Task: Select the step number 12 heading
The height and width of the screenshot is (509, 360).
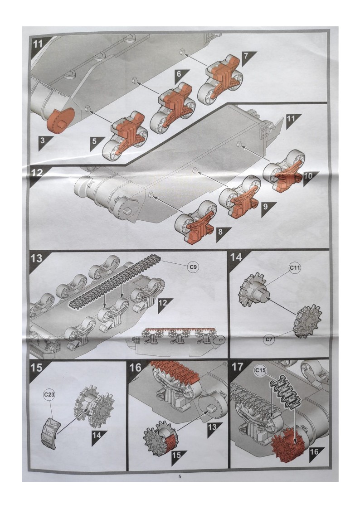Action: tap(38, 173)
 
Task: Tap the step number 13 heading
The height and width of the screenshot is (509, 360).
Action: tap(37, 258)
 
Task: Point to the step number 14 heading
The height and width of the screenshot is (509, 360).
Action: tap(236, 257)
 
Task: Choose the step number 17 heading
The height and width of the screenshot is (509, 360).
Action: tap(238, 367)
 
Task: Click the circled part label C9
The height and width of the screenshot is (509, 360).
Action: tap(193, 267)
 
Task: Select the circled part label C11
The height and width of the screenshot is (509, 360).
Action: tap(295, 268)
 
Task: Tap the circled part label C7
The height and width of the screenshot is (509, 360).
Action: tap(268, 339)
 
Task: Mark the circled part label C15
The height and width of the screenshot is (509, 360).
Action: tap(260, 370)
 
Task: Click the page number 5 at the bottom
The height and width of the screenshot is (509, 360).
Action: tap(180, 477)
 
